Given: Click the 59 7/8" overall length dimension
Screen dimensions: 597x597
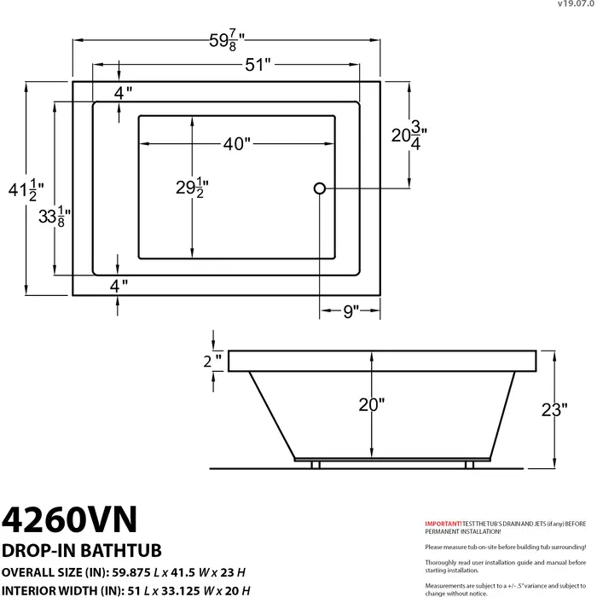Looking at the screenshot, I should [x=227, y=39].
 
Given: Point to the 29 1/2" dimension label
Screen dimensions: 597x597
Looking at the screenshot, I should [x=193, y=186].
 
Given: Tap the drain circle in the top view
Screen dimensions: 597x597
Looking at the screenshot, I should [x=320, y=188].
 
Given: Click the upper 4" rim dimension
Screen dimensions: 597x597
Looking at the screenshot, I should [x=124, y=94].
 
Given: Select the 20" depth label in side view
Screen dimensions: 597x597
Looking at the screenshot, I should [x=371, y=405].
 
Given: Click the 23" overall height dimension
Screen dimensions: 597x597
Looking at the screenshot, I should [x=554, y=409].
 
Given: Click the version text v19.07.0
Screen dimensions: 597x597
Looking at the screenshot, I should [x=576, y=4].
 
